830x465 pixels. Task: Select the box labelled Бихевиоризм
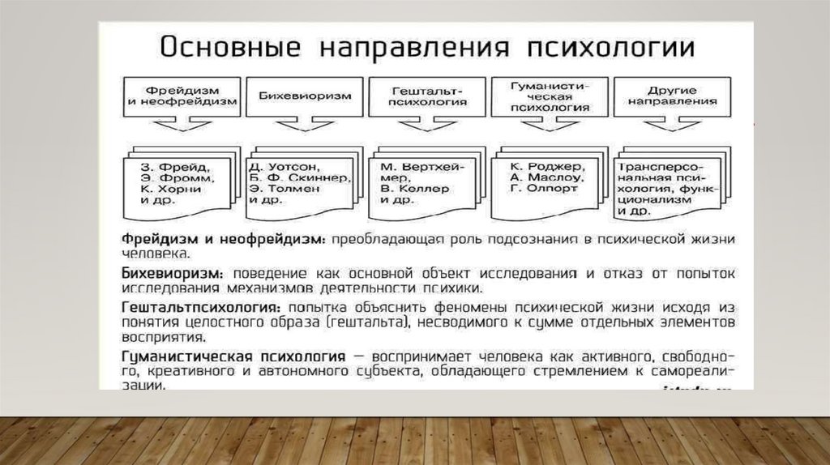coord(305,96)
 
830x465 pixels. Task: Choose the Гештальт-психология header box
coord(427,96)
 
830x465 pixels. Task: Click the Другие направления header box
coord(674,96)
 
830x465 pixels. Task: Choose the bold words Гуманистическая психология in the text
coord(233,357)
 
